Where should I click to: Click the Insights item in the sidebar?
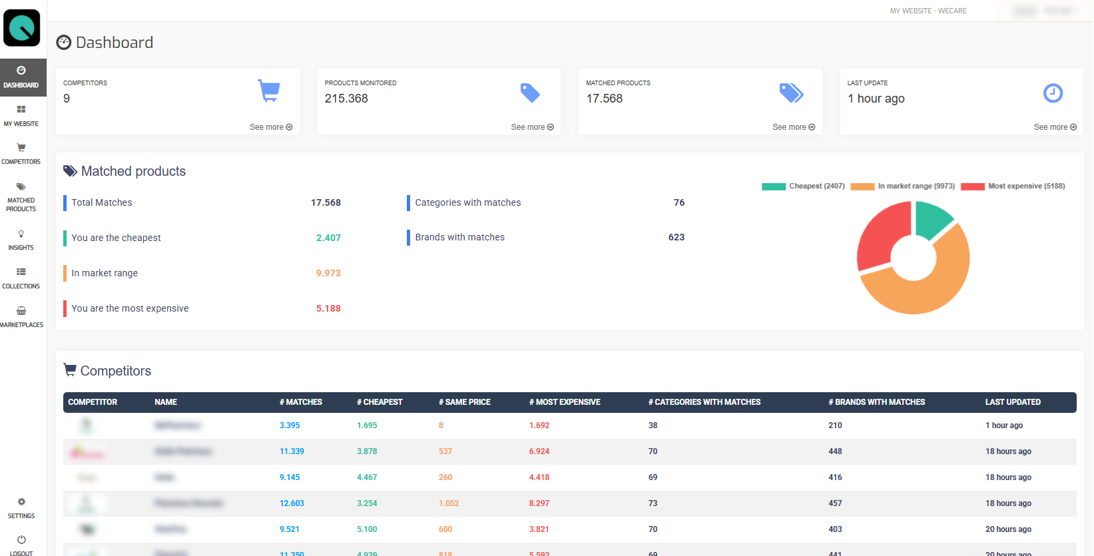(21, 240)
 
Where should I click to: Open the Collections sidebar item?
(21, 278)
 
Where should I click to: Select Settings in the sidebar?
(21, 508)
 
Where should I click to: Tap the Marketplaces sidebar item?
(21, 317)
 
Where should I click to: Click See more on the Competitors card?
(270, 127)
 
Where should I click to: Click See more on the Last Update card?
(1055, 127)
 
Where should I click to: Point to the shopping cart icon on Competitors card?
(269, 91)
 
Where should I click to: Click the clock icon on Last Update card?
(1053, 93)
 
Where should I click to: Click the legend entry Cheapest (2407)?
(804, 186)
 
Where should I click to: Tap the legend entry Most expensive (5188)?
(1013, 186)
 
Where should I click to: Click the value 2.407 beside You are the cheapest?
(328, 238)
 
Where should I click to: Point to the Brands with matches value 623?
(676, 237)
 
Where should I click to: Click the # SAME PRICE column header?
(464, 402)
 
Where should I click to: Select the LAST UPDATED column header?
(1013, 402)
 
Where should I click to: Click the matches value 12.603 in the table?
(292, 503)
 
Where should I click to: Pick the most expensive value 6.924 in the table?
(539, 451)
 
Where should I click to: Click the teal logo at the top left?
(22, 28)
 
